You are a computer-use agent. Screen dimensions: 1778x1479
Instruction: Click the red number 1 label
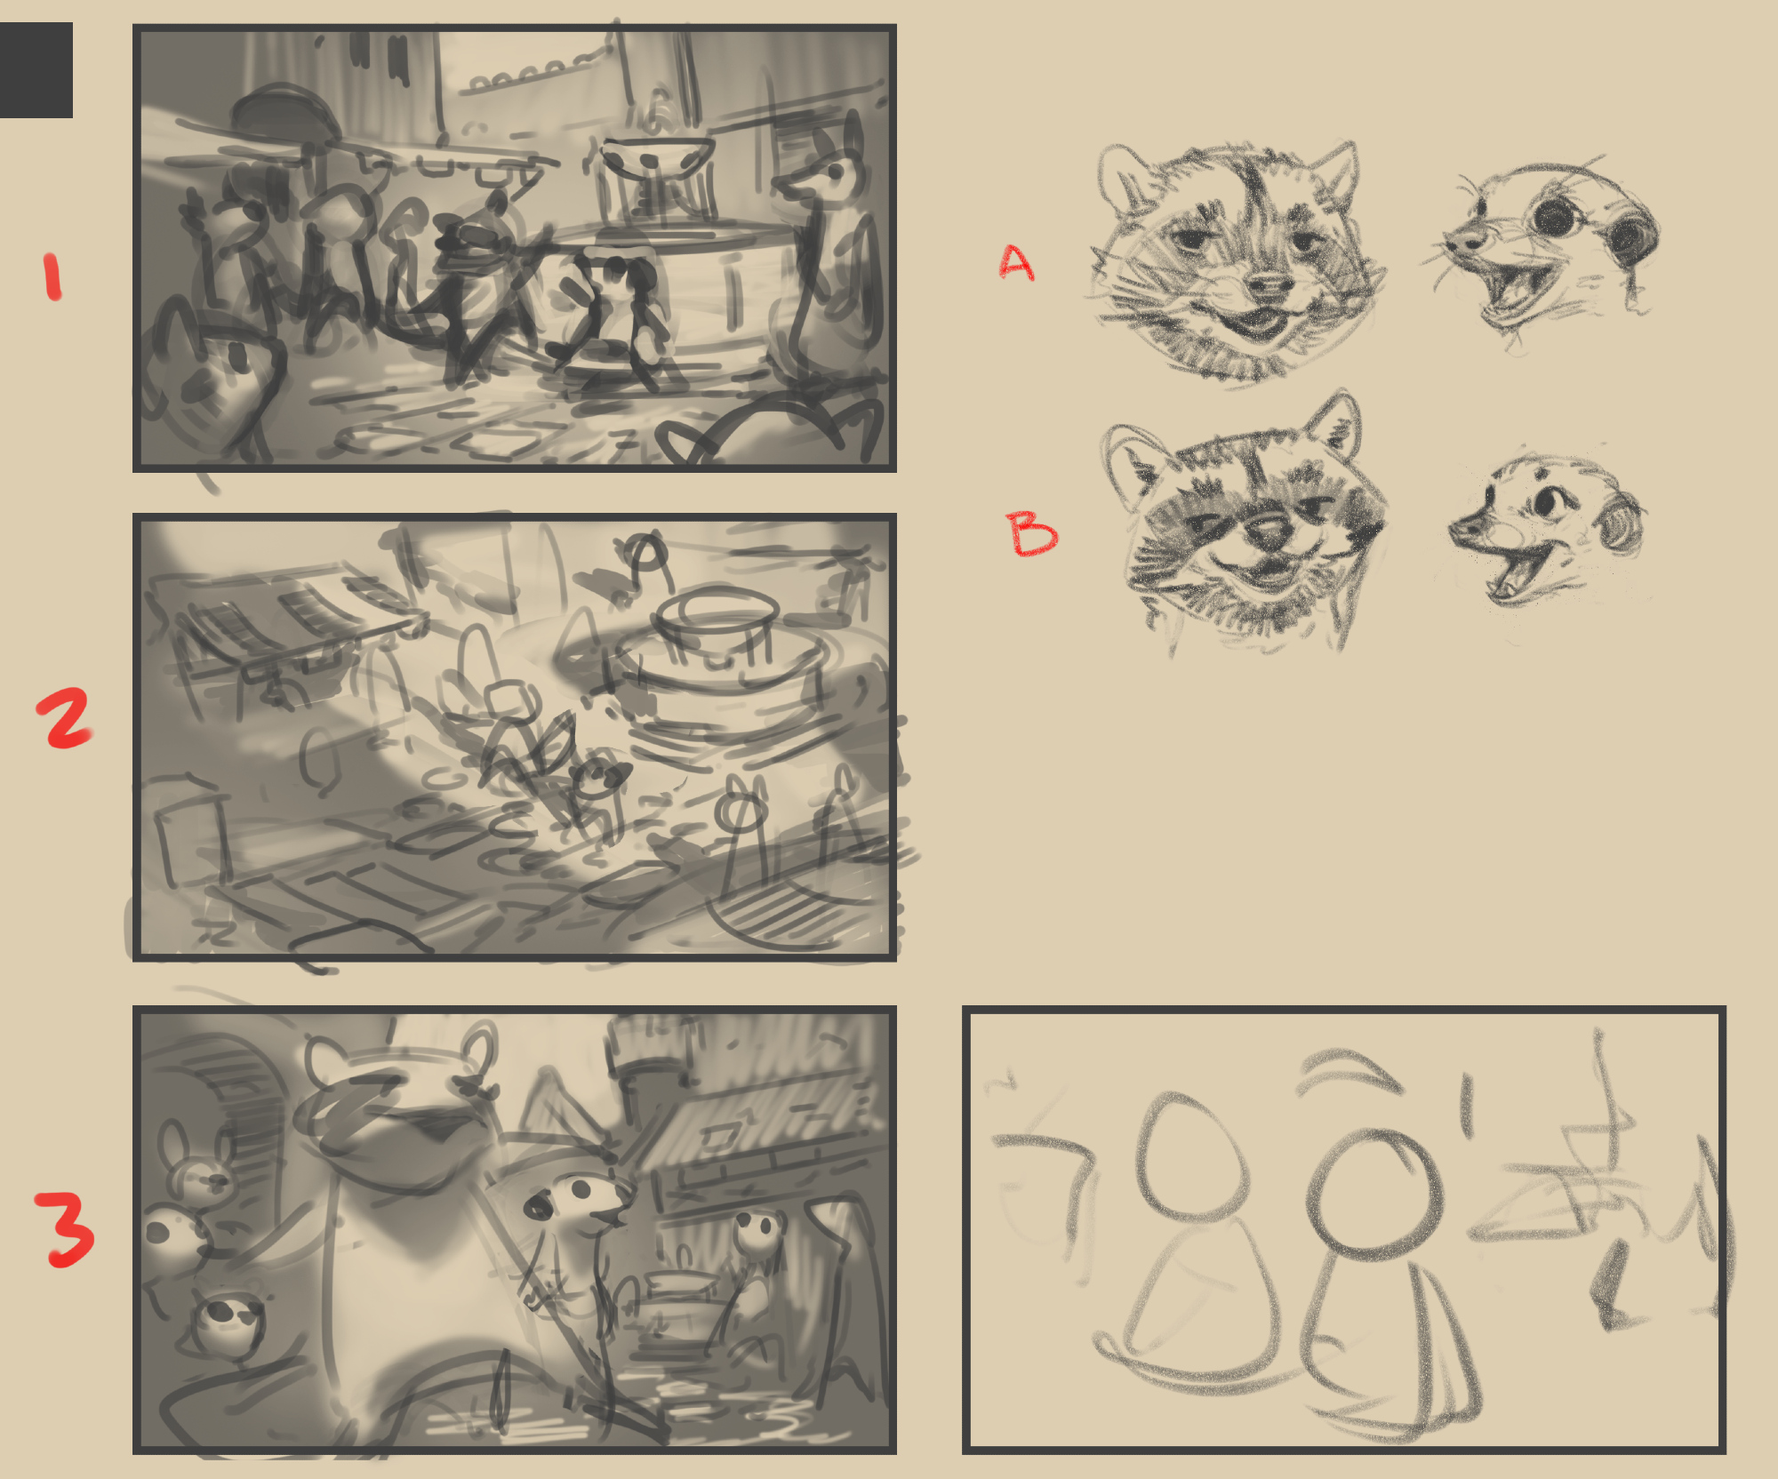(x=52, y=276)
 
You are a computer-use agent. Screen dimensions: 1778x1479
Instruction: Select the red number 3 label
(x=65, y=1229)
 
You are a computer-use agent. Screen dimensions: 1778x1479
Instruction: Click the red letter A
(x=1016, y=261)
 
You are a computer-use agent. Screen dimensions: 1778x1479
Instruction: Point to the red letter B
(x=1031, y=533)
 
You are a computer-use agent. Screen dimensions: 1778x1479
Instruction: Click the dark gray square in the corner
(x=36, y=70)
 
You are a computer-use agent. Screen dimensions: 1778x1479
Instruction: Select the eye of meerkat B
(x=1551, y=504)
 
